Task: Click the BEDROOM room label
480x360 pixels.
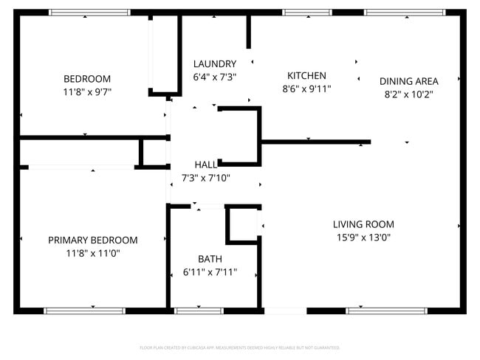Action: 87,79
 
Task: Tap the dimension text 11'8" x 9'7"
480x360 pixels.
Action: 87,92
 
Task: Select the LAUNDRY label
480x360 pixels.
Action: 215,64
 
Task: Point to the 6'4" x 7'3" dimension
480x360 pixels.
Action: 215,77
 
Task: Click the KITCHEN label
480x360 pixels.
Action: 306,76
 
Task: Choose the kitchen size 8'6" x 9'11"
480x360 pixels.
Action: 306,89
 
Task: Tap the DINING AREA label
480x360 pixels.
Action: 409,81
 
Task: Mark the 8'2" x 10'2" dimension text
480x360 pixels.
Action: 409,94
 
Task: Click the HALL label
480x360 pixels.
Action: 206,165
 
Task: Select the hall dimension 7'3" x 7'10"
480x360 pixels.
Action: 206,178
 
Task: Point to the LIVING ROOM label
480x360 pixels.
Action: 363,224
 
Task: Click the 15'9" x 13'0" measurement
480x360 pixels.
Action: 363,238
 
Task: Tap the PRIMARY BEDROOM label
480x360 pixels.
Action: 93,240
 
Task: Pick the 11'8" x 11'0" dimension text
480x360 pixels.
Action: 93,253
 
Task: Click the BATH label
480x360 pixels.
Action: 210,259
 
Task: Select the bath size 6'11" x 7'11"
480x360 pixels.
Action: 210,272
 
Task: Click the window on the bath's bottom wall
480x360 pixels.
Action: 199,311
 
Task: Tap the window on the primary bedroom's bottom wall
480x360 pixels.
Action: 75,311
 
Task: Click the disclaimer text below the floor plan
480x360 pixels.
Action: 240,347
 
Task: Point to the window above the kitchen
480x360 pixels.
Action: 306,13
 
